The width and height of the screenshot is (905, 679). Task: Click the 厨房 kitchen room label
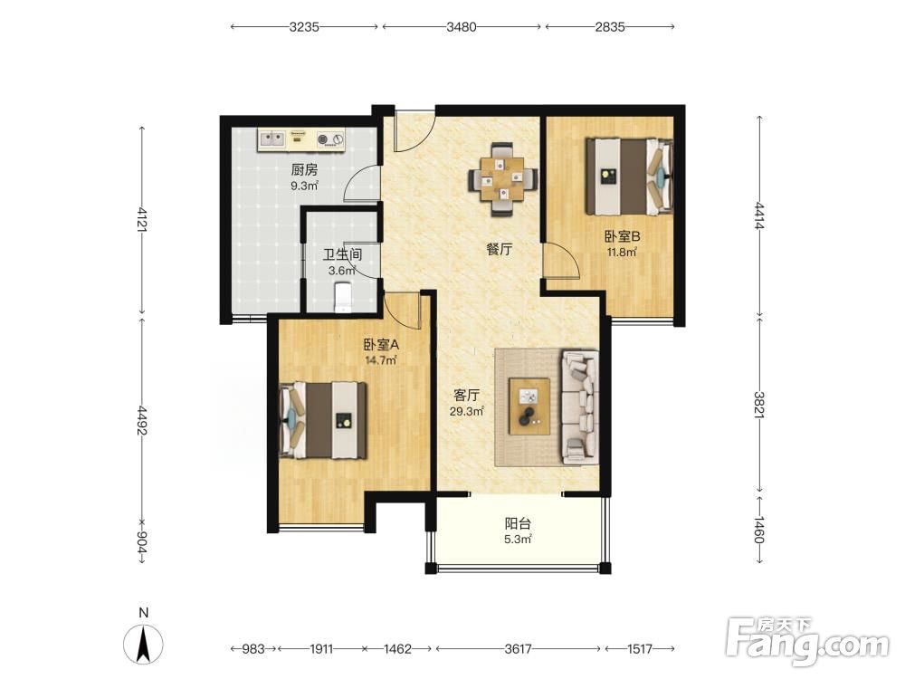[x=304, y=170]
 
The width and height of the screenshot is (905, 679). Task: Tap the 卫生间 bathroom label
[x=342, y=254]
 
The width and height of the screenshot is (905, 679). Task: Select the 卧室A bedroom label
[x=381, y=345]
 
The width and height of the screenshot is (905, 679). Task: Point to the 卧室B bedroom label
[x=623, y=236]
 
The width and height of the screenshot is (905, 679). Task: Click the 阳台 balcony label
[x=518, y=524]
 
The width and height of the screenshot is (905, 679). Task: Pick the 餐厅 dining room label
[x=500, y=250]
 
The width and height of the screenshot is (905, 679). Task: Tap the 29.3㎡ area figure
[x=466, y=411]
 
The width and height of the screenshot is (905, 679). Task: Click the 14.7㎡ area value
[x=380, y=360]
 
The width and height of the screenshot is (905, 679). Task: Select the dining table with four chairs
[x=502, y=179]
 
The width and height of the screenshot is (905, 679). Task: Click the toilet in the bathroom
[x=343, y=296]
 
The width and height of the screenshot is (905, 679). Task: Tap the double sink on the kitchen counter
[x=271, y=139]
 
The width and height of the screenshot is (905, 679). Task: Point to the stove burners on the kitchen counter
[x=330, y=139]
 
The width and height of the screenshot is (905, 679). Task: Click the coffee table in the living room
[x=529, y=406]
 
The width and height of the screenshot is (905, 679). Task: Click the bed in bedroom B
[x=629, y=177]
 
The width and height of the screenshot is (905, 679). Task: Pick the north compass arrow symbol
[x=143, y=643]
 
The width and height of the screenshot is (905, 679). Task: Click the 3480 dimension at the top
[x=462, y=26]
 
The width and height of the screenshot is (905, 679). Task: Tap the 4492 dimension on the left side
[x=142, y=420]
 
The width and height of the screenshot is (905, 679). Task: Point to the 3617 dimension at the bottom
[x=518, y=649]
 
